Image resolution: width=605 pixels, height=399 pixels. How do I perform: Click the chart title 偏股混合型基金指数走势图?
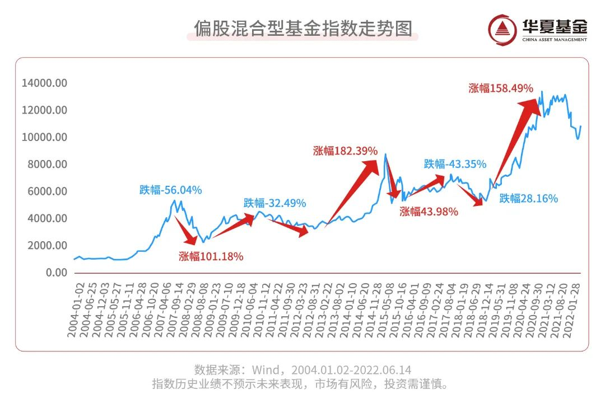point(302,28)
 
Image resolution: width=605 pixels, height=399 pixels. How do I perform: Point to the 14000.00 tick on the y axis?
point(44,83)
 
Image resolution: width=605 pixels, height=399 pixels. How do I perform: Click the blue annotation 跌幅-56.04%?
point(170,190)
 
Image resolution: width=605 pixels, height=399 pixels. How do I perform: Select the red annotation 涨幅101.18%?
point(211,257)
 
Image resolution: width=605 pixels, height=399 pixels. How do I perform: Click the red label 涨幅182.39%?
point(345,151)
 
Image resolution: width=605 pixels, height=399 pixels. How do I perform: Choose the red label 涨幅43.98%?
point(429,212)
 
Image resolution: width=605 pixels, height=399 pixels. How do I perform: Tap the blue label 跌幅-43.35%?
point(455,165)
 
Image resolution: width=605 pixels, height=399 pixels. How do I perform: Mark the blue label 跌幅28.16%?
point(528,198)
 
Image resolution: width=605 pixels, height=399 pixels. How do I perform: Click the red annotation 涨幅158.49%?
point(501,88)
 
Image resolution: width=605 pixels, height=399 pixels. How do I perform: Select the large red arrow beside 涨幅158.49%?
point(515,140)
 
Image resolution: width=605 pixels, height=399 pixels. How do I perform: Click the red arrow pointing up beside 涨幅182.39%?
point(353,190)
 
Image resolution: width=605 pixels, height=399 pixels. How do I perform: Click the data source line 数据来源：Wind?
point(302,370)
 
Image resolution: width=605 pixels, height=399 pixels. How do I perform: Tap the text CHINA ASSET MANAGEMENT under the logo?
point(555,40)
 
